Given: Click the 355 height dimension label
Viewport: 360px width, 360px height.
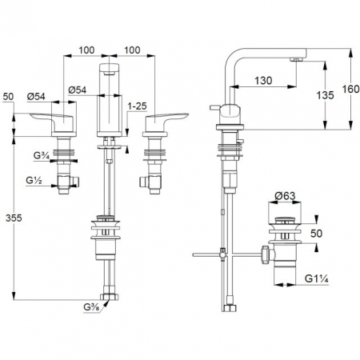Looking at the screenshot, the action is [14, 218].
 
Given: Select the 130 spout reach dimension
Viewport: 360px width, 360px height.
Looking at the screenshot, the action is [263, 81].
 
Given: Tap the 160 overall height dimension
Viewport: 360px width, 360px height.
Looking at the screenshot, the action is [350, 89].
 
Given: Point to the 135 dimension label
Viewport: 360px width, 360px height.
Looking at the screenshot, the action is [325, 95].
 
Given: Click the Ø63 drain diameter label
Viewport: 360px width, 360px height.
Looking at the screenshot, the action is [285, 196].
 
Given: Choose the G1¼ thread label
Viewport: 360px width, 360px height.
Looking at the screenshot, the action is [317, 279].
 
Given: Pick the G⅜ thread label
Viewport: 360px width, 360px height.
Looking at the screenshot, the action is [91, 307].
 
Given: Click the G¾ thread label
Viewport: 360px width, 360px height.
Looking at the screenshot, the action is [42, 155].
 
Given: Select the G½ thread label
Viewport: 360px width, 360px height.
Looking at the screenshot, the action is [34, 181].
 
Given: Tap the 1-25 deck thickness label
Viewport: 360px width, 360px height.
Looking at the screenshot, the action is [137, 106].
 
